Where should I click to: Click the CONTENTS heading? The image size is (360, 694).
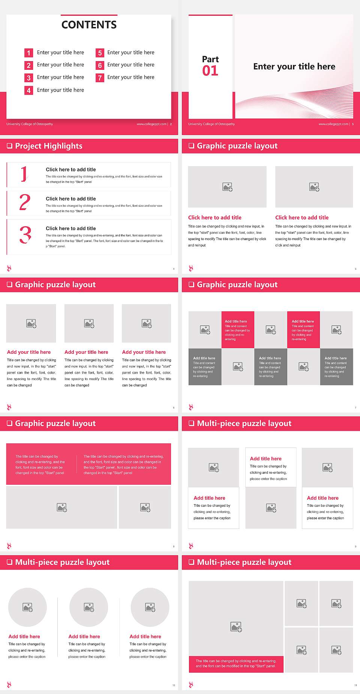point(89,25)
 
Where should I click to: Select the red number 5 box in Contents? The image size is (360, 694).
point(100,53)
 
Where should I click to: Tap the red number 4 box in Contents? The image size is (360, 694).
point(28,90)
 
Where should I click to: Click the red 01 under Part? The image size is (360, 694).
point(210,71)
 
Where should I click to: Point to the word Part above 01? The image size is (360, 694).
point(210,59)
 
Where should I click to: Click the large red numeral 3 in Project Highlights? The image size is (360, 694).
point(25,235)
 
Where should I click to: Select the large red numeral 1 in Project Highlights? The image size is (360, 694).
point(24,174)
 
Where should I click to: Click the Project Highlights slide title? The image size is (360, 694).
point(49,146)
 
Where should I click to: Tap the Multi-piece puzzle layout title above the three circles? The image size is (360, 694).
point(62,562)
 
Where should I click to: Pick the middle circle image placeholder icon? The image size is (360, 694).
point(89,607)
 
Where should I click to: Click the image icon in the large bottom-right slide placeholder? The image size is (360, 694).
point(236,626)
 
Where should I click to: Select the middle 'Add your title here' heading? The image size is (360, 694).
point(86,352)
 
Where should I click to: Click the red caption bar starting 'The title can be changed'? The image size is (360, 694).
point(236,664)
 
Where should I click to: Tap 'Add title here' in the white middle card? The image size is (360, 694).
point(265,458)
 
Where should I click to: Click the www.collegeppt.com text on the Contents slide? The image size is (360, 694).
point(151,124)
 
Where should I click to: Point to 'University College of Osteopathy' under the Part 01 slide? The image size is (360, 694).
point(211,124)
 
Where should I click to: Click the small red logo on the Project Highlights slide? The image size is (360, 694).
point(9,268)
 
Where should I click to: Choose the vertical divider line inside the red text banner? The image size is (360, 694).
point(77,464)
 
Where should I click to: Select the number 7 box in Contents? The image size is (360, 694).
point(100,78)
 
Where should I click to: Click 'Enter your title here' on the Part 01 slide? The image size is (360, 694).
point(294,67)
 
